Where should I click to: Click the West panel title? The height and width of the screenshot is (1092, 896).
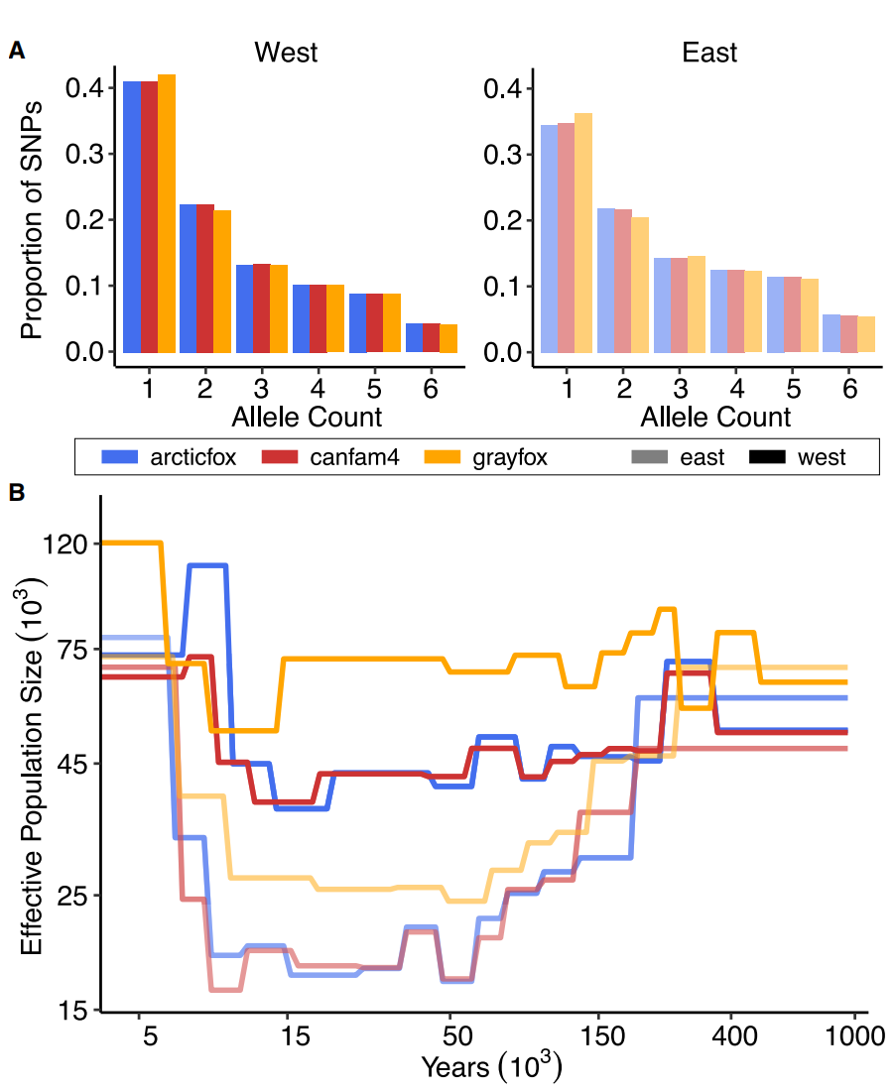coord(286,52)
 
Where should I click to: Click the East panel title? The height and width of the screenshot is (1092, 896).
coord(709,52)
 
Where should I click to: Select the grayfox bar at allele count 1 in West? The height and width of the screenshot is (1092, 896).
coord(167,213)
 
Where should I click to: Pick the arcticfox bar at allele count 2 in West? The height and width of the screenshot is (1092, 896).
coord(188,279)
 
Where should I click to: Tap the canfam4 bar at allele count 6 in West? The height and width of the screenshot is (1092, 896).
coord(431,337)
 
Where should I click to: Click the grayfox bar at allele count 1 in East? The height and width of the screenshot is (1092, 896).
coord(583,233)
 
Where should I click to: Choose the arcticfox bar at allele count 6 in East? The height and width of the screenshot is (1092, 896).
coord(832,333)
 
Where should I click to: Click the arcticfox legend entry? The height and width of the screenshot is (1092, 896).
coord(169,457)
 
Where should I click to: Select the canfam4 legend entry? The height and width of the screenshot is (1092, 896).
coord(328,457)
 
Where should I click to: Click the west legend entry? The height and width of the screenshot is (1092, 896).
coord(798,457)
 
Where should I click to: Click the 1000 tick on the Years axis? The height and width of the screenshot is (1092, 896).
coord(854,1037)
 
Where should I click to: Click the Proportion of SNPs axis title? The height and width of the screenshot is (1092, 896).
coord(33,219)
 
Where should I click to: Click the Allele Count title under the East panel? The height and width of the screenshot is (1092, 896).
coord(715,416)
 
